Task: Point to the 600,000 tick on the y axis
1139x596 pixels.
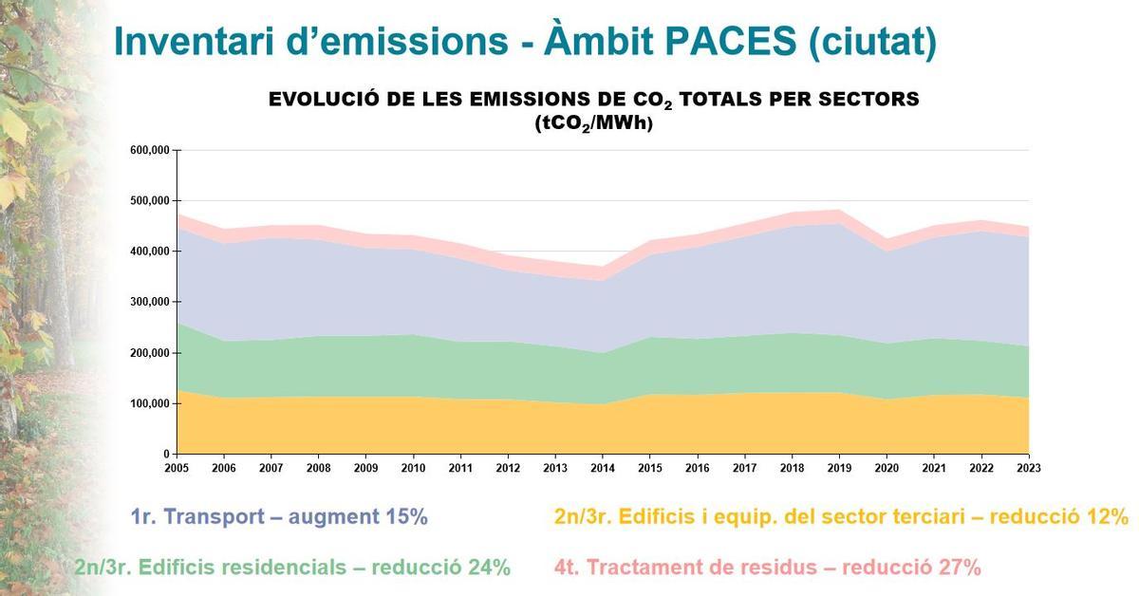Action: coord(150,150)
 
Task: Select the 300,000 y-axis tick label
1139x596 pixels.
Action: coord(150,302)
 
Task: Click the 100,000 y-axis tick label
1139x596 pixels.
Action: coord(150,403)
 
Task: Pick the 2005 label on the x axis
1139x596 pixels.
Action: coord(177,467)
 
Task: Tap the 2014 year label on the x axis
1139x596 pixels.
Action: coord(603,467)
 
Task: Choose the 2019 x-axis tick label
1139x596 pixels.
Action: coord(839,467)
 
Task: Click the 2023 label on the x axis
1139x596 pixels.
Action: coord(1029,467)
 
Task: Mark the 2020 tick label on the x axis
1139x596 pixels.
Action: coord(887,467)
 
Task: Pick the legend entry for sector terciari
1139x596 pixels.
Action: coord(841,517)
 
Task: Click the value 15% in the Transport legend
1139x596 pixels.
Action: coord(406,517)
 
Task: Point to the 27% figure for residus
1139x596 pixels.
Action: coord(959,568)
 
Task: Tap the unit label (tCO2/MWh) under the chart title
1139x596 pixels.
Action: coord(594,123)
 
